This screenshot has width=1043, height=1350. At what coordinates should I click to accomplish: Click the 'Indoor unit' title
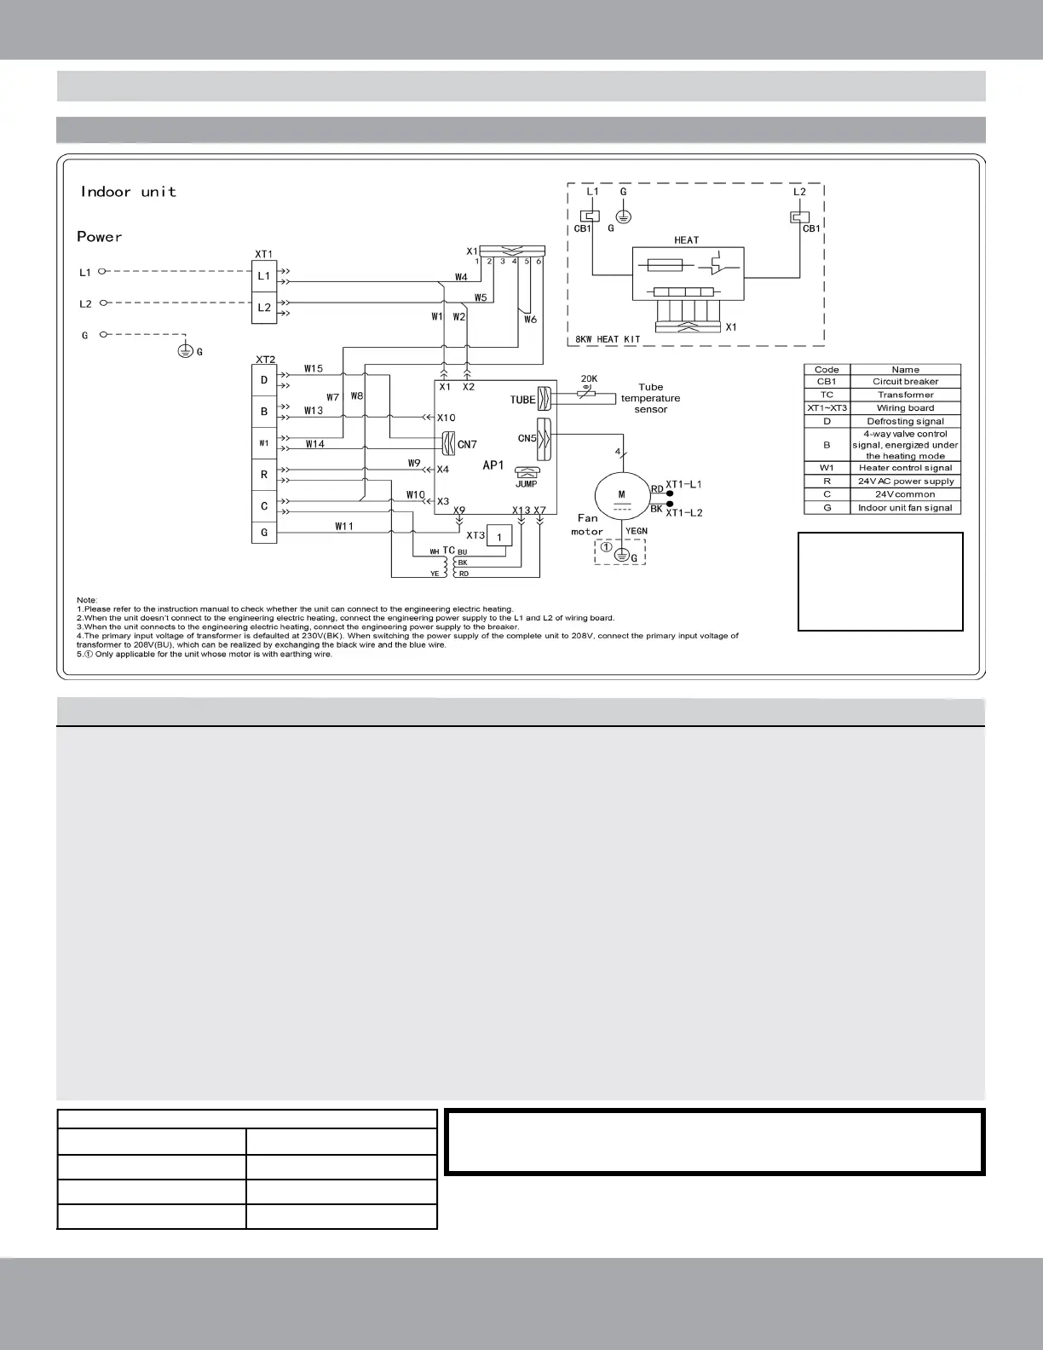[x=128, y=192]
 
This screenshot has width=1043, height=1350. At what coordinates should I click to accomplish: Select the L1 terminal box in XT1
[x=264, y=276]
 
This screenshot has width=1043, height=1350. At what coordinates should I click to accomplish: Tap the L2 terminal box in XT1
[x=264, y=308]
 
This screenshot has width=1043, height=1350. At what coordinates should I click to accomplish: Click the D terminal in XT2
[x=264, y=380]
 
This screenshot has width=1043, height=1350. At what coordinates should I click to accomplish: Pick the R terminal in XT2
[x=264, y=475]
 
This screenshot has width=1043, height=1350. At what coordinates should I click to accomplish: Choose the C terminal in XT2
[x=264, y=506]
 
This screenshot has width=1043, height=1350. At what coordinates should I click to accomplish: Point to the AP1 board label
[x=493, y=465]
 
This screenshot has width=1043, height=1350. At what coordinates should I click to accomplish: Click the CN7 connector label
[x=467, y=444]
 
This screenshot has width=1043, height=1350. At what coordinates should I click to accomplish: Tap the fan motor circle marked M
[x=621, y=498]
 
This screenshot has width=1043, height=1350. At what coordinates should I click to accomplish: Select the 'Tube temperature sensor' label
[x=650, y=398]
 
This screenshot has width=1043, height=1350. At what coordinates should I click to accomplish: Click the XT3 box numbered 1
[x=499, y=536]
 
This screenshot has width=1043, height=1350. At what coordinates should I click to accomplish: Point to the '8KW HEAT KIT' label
[x=607, y=339]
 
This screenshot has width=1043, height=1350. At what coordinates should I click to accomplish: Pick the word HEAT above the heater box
[x=686, y=240]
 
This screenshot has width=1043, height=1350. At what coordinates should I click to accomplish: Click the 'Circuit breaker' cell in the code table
[x=905, y=382]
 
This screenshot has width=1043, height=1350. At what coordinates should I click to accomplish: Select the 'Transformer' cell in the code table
[x=905, y=395]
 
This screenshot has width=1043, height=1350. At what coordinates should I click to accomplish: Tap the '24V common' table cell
[x=905, y=494]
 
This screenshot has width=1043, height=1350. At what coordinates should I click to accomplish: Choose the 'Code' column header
[x=827, y=370]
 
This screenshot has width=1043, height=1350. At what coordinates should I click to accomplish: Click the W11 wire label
[x=344, y=527]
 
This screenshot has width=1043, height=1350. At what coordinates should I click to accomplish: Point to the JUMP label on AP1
[x=526, y=484]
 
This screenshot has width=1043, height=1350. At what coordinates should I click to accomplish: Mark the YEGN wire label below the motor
[x=637, y=531]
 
